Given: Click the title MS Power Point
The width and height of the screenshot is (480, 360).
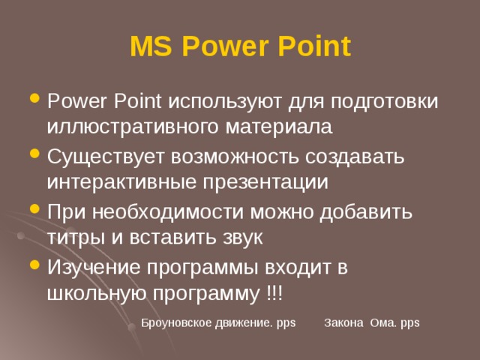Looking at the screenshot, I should pyautogui.click(x=240, y=46).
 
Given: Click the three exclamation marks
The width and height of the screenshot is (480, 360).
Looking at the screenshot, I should pyautogui.click(x=274, y=292).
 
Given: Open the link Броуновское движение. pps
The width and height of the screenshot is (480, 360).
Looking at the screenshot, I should pyautogui.click(x=218, y=322).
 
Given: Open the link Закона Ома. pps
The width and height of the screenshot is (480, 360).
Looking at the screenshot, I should pyautogui.click(x=372, y=322).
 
